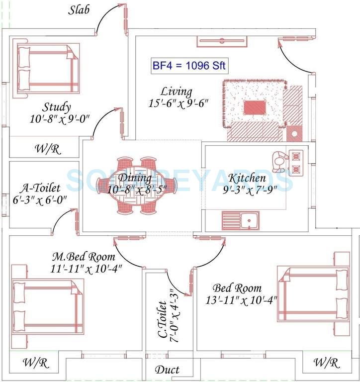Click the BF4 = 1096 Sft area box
point(189,66)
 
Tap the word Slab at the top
point(79,10)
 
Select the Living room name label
point(176,92)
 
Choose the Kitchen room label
point(247,178)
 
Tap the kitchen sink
point(240,220)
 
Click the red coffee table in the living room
point(255,107)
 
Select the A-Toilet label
point(41,188)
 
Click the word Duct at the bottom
point(167,370)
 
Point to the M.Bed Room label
point(84,257)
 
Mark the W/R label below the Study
point(48,149)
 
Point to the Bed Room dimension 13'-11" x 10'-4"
point(241,300)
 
